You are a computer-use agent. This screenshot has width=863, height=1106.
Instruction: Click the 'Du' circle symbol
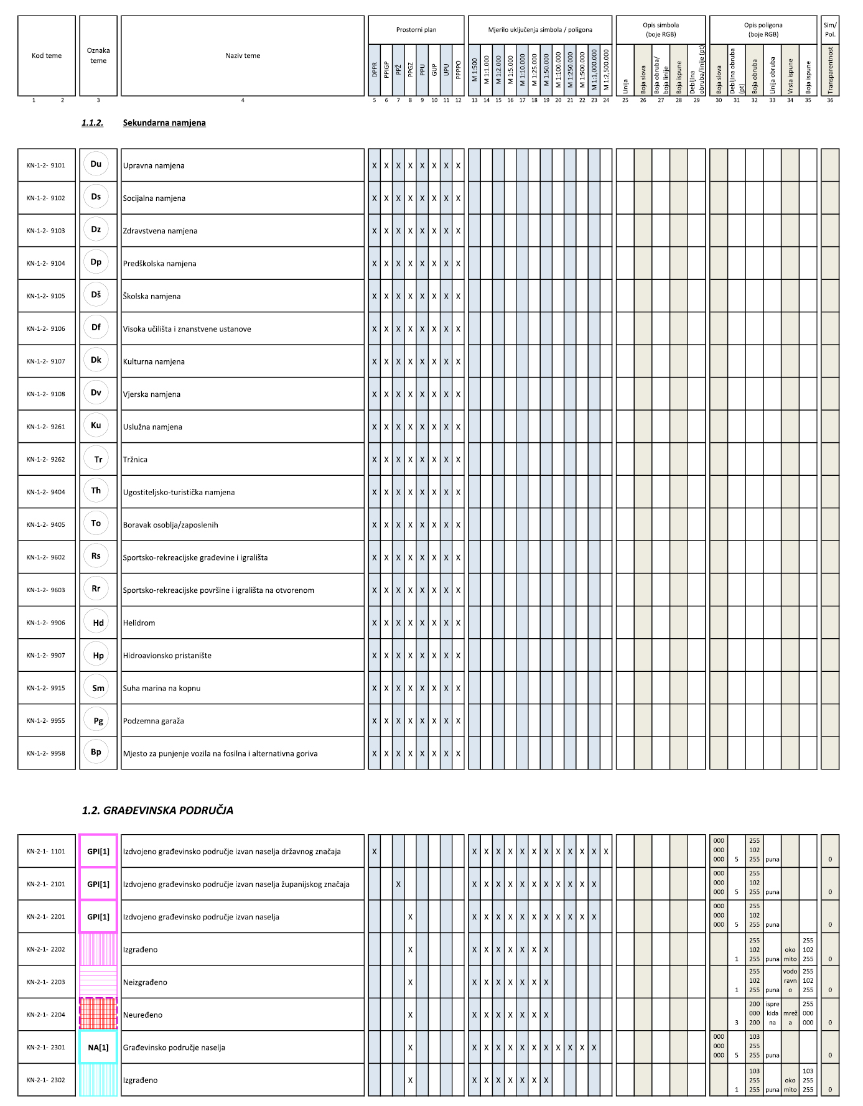click(96, 164)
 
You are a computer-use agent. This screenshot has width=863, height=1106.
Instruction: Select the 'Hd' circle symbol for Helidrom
click(98, 623)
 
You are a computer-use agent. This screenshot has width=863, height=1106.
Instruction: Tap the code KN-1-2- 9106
click(46, 328)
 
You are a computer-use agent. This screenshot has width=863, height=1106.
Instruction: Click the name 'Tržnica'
click(135, 460)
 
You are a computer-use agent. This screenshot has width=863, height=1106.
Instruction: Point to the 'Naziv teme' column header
click(243, 55)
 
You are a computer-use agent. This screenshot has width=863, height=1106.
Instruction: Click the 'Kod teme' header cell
click(47, 55)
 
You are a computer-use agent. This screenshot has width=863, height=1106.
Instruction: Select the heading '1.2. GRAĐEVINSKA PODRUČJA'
click(157, 810)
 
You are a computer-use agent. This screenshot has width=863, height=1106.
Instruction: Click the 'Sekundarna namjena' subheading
click(164, 123)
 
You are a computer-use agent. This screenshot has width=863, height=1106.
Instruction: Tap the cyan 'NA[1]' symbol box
click(98, 1047)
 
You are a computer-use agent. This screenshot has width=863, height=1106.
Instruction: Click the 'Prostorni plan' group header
click(416, 29)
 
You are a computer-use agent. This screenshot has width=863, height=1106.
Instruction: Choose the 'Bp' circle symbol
click(96, 751)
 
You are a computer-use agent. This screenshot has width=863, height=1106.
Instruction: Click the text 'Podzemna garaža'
click(153, 721)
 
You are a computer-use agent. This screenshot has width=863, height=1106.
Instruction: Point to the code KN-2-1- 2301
click(46, 1047)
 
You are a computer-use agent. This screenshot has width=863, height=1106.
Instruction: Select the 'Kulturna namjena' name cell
click(154, 361)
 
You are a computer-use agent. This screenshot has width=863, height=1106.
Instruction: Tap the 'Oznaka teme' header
click(98, 55)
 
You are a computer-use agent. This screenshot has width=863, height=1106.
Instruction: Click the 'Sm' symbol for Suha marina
click(98, 688)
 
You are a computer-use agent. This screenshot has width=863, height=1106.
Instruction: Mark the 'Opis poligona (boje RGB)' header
click(763, 29)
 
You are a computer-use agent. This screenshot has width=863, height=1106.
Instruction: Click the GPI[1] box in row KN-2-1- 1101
click(98, 851)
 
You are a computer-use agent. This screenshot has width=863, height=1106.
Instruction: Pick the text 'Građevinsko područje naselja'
click(174, 1048)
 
